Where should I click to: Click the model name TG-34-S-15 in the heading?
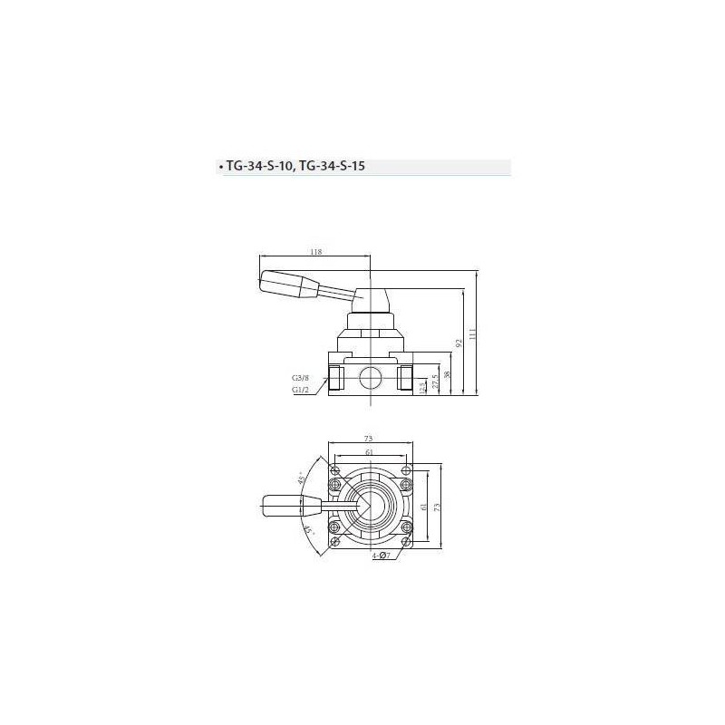[335, 167]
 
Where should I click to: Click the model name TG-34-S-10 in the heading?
[260, 167]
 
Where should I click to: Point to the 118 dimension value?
[316, 253]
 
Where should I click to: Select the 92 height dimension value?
[459, 343]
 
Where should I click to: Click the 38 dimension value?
[446, 374]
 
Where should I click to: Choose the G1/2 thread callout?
[301, 391]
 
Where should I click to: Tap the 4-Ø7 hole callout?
[382, 555]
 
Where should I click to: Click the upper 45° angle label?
[301, 478]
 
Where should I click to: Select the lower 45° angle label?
[308, 530]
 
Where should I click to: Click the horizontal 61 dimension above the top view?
[370, 451]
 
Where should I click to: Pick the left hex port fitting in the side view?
[335, 375]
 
